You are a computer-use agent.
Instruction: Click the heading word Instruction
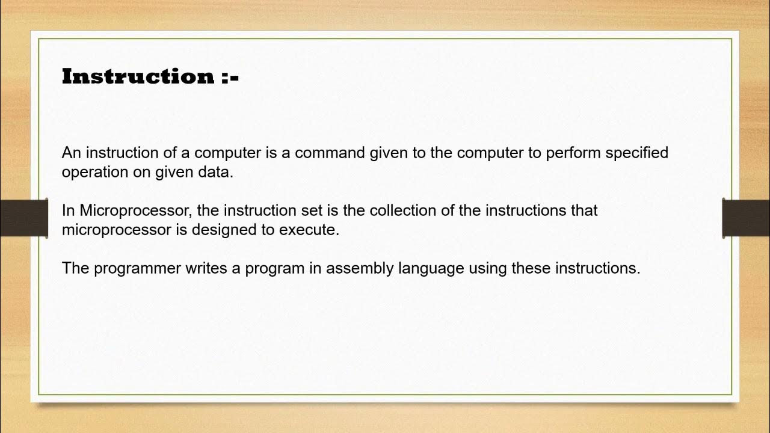(x=138, y=76)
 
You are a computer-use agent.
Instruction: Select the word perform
(x=573, y=153)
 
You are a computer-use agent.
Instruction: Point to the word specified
(x=637, y=153)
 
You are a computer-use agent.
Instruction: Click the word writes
(x=206, y=268)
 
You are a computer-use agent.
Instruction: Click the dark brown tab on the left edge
(x=23, y=218)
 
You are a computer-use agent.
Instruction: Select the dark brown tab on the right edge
(x=746, y=218)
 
